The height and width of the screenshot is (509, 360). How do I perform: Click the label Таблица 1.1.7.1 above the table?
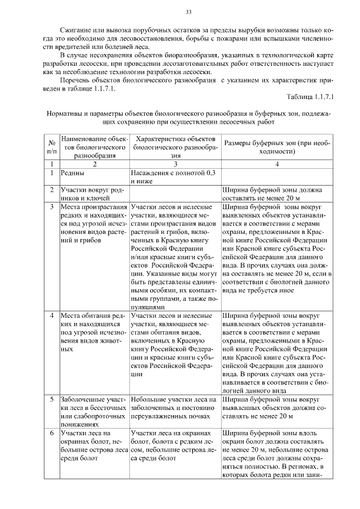click(x=310, y=96)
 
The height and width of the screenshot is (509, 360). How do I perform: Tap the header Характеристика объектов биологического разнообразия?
click(x=175, y=147)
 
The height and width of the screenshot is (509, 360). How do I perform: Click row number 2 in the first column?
click(x=51, y=190)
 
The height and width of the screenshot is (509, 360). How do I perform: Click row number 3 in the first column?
click(x=51, y=207)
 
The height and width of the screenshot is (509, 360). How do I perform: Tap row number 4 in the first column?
click(x=51, y=316)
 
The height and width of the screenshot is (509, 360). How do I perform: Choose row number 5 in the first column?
click(x=51, y=399)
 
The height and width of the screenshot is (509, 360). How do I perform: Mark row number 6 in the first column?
click(x=51, y=433)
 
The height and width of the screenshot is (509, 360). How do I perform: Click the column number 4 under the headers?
click(x=277, y=164)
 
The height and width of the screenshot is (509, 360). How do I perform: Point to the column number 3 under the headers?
click(x=175, y=164)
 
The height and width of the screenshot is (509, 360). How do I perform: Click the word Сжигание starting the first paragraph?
click(x=76, y=29)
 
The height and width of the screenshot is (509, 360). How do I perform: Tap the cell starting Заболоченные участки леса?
click(x=93, y=408)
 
